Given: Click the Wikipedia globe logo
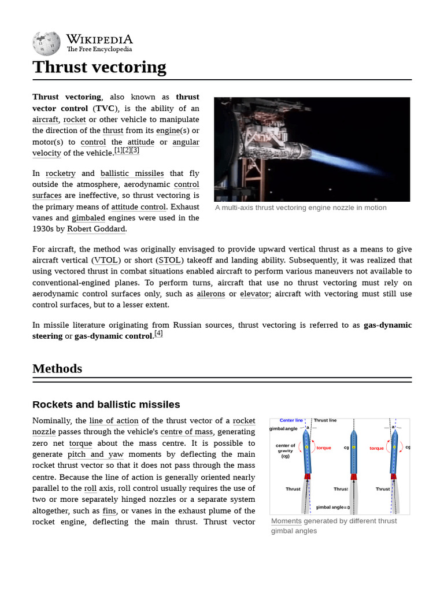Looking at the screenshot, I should [x=46, y=42].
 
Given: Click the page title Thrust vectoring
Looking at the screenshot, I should [x=99, y=67].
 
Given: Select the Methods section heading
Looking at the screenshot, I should [x=57, y=368].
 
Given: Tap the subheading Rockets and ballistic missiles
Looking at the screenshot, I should [x=106, y=404].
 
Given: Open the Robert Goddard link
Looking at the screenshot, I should [x=96, y=229].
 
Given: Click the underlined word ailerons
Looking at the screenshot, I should [x=211, y=294].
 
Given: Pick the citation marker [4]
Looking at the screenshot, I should [x=158, y=334].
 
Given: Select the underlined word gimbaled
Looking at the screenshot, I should [x=88, y=218].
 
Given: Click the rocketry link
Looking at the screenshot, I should [x=60, y=173].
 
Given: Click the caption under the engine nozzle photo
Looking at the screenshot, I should [x=301, y=208].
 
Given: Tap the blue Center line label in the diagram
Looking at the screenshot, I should [x=291, y=420].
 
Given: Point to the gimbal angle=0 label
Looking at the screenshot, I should [x=332, y=507].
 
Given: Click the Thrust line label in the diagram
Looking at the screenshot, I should [x=325, y=420].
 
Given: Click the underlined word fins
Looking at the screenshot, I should [x=109, y=510].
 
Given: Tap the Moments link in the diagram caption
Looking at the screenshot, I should [x=286, y=521].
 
